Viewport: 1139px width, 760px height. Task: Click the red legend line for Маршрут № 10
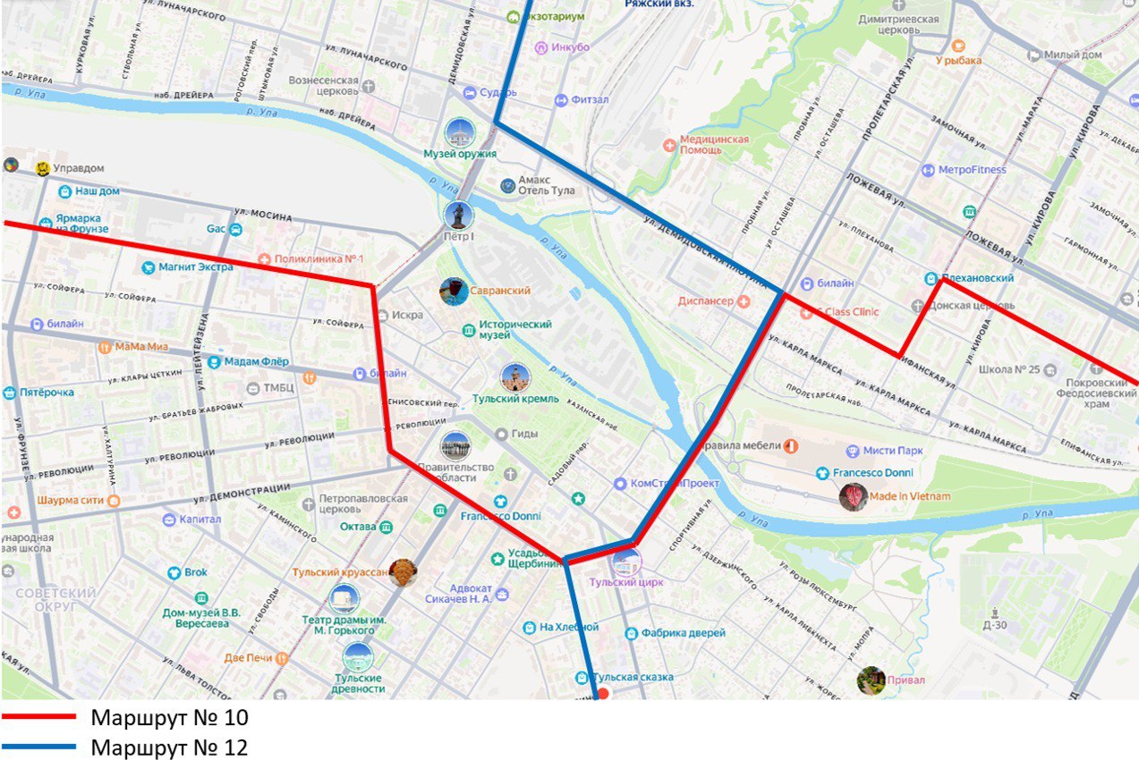(39, 717)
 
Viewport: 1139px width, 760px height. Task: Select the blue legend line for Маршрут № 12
(39, 747)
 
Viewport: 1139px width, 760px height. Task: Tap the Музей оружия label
(460, 154)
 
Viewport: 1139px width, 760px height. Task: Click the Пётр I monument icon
(458, 215)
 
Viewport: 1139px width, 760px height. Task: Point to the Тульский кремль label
(515, 399)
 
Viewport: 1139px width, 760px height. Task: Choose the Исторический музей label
(515, 329)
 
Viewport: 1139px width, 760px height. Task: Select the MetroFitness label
(972, 170)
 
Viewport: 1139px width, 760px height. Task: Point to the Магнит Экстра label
(196, 266)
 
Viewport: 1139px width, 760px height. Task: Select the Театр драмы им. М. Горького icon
(344, 599)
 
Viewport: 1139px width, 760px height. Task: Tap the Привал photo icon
(870, 680)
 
